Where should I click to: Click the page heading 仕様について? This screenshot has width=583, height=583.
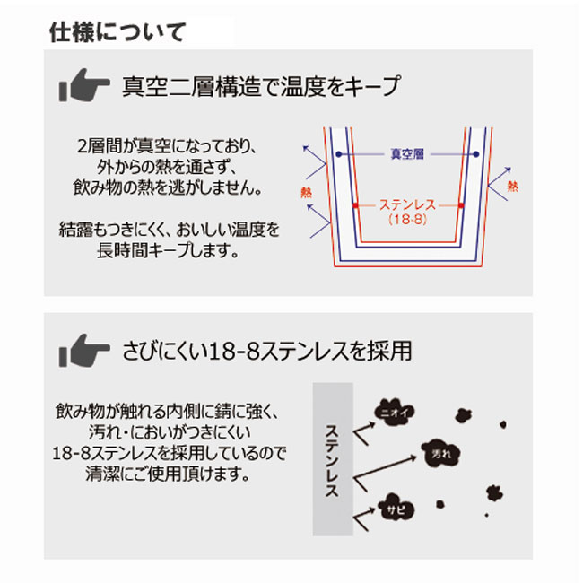point(117,32)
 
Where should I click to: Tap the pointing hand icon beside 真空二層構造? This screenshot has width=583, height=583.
point(84,85)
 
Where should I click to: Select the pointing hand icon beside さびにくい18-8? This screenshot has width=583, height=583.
point(84,351)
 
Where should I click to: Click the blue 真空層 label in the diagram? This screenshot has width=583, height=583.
point(407,154)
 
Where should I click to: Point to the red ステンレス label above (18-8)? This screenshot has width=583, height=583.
point(407,204)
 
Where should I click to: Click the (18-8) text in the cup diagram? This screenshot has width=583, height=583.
point(407,220)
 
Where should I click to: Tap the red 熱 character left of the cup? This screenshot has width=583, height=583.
point(307,192)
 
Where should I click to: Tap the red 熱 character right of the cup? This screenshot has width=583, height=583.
point(513,186)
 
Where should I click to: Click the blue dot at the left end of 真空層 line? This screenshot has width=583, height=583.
point(338,154)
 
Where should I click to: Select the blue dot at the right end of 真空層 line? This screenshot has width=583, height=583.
point(476,154)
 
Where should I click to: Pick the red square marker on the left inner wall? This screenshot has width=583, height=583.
point(355,205)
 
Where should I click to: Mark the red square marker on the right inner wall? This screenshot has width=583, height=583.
point(461,205)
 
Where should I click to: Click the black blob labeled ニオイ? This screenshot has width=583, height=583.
point(395,412)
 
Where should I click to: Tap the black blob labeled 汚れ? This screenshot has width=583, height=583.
point(441,454)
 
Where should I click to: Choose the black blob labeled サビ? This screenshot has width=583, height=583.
point(396,508)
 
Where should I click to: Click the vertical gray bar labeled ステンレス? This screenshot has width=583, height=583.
point(333,459)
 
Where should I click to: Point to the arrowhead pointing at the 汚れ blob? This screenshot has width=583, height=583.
point(413,457)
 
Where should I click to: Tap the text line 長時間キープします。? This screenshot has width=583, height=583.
point(168,250)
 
